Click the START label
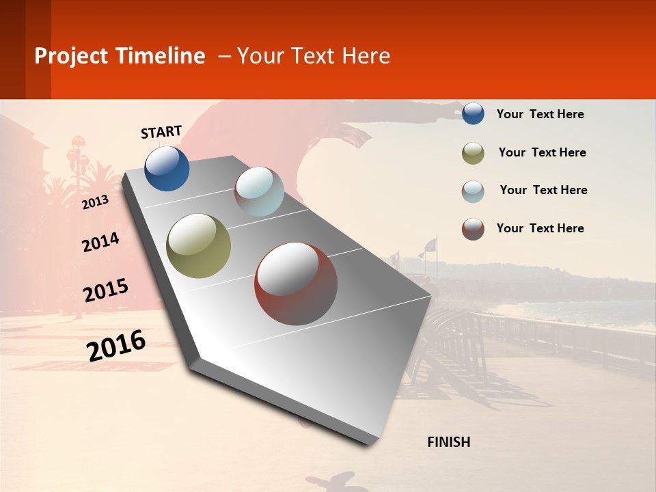(x=161, y=132)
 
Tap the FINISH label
(x=448, y=442)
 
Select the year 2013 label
(x=95, y=202)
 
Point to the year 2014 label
(x=100, y=242)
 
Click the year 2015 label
(x=106, y=290)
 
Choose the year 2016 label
(x=116, y=345)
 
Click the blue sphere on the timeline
(x=167, y=168)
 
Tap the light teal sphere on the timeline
(x=259, y=191)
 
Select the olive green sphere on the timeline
(x=199, y=246)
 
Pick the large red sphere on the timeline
(x=296, y=284)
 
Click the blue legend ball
(x=473, y=113)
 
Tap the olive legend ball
(x=473, y=153)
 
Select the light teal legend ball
(x=473, y=191)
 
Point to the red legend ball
(x=473, y=229)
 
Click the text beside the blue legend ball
(x=540, y=114)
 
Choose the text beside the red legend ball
(x=540, y=228)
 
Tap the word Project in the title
(x=72, y=56)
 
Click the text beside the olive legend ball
(x=542, y=152)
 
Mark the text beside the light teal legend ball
(x=543, y=190)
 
